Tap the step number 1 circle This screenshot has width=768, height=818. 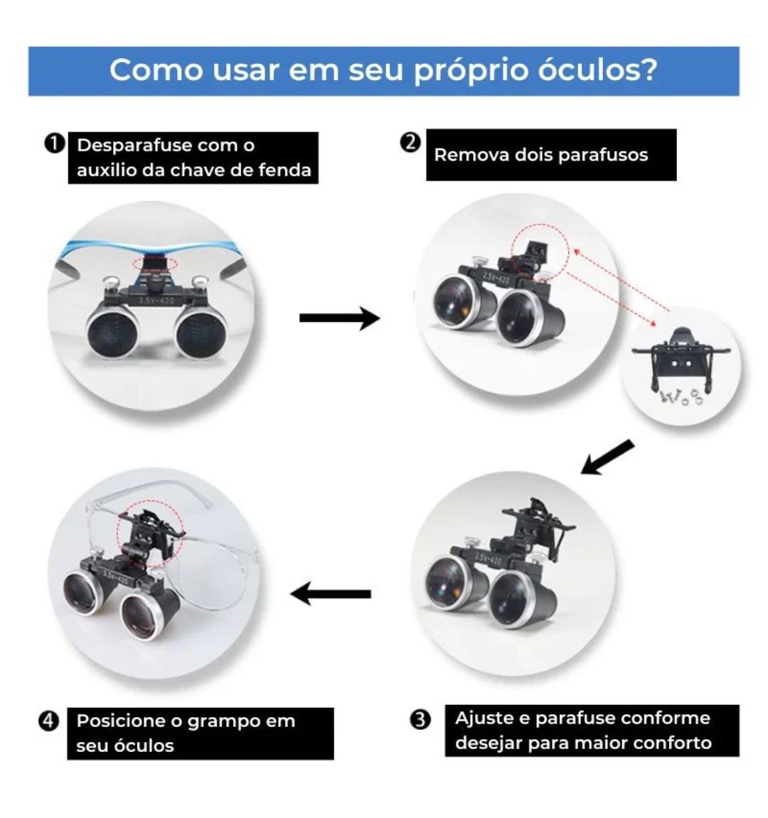point(53,144)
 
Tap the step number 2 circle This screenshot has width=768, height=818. point(410,142)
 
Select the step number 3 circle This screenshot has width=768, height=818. point(421,719)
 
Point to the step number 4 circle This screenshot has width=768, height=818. point(48,721)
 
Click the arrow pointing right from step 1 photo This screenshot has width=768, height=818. point(339,318)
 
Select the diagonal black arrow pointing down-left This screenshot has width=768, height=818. point(607,457)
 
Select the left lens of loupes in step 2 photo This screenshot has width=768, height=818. point(459,298)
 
